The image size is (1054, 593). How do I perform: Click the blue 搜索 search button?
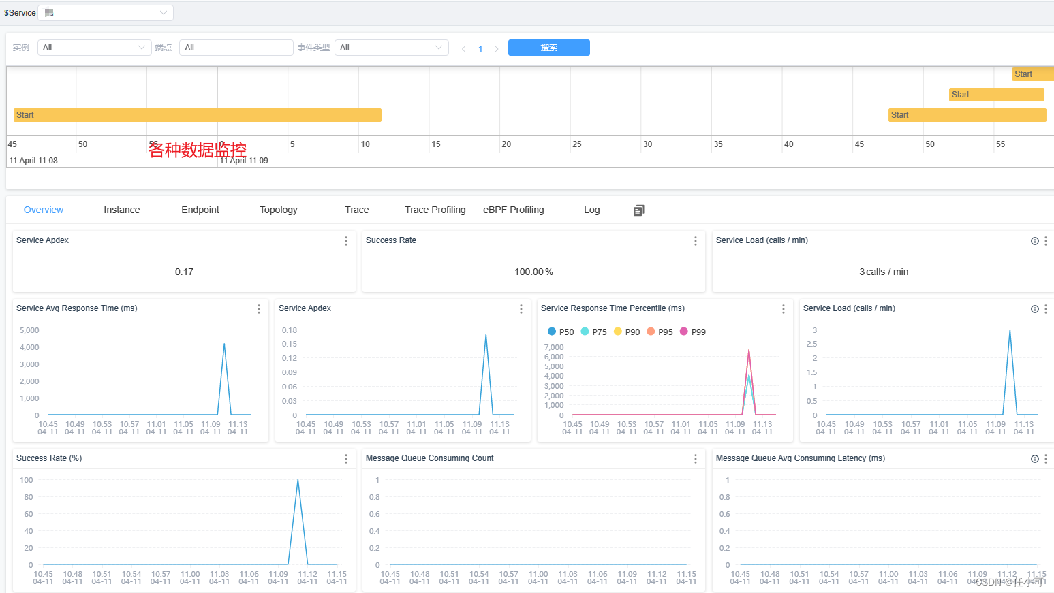coord(548,48)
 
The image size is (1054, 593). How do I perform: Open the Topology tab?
coord(278,210)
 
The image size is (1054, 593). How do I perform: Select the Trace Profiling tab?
coord(435,210)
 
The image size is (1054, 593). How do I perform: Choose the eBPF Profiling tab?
coord(513,210)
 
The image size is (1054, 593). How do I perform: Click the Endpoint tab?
coord(200,210)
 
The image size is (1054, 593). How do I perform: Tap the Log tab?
coord(591,210)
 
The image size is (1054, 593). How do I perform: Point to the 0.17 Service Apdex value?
coord(184,272)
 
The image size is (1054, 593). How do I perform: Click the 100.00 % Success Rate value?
coord(533,272)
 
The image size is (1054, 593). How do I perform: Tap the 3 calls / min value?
coord(883,272)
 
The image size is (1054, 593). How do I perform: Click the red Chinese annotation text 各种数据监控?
coord(198,150)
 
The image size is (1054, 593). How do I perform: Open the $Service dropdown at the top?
coord(106,13)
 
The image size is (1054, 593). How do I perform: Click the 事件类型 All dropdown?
coord(391,48)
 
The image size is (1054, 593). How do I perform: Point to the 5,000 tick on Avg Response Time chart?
coord(29,330)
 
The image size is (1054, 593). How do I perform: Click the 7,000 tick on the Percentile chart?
coord(554,347)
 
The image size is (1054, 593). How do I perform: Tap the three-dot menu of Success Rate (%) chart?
coord(346,459)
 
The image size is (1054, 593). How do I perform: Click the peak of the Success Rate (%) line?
coord(298,481)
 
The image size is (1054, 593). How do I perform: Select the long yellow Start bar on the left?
coord(197,115)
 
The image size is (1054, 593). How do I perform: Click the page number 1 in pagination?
coord(480,48)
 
